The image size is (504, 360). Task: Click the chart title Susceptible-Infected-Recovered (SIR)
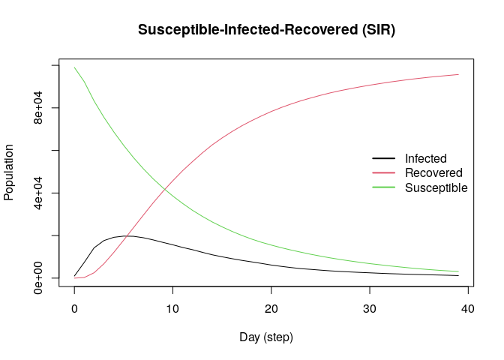coord(266,30)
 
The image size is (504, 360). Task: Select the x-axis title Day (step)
coord(266,337)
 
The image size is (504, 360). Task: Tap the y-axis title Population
coord(9,172)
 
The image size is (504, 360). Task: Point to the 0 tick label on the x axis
coord(74,308)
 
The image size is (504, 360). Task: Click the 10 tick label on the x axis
coord(172,308)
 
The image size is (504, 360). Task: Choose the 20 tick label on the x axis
coord(271,308)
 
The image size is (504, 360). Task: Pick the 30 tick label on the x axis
coord(370,308)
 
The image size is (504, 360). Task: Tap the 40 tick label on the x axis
coord(468,308)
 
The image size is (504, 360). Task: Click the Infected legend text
coord(425,159)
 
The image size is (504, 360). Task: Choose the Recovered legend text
coord(433,173)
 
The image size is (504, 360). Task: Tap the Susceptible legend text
coord(436,187)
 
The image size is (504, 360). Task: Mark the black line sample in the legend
coord(383,159)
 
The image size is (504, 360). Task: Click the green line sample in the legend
coord(383,187)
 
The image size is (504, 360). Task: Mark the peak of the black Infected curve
coord(128,236)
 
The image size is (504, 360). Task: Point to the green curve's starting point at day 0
coord(74,67)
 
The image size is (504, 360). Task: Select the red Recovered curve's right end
coord(458,74)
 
